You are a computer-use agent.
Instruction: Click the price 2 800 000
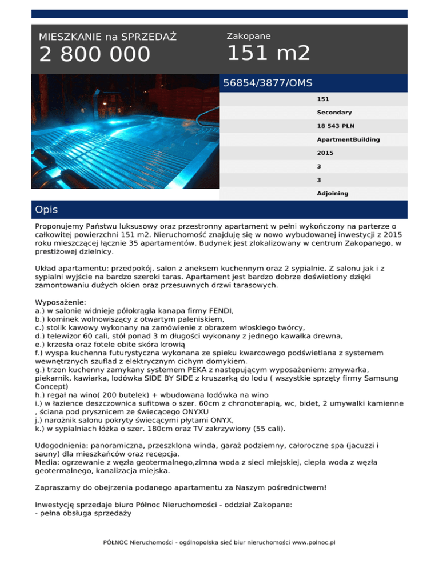coord(94,55)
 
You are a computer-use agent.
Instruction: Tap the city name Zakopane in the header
coord(249,36)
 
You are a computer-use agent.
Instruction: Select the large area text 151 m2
coord(269,54)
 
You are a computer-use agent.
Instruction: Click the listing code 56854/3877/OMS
coord(268,83)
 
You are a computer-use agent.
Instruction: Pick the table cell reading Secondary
coord(334,113)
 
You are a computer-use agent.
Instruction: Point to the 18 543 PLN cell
coord(338,126)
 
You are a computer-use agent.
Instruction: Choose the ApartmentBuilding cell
coord(348,139)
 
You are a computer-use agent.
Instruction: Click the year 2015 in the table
coord(325,153)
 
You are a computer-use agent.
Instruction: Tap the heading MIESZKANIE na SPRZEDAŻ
coord(107,37)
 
